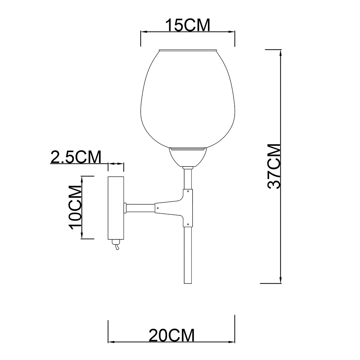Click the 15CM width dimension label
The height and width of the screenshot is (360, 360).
click(188, 25)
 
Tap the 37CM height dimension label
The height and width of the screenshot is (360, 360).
click(274, 166)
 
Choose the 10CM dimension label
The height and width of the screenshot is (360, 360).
click(75, 207)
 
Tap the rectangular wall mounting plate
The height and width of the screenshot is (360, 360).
click(116, 208)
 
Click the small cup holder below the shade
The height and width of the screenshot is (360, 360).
click(188, 157)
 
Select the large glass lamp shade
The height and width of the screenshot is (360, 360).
click(188, 99)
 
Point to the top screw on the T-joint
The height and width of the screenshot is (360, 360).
click(188, 191)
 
